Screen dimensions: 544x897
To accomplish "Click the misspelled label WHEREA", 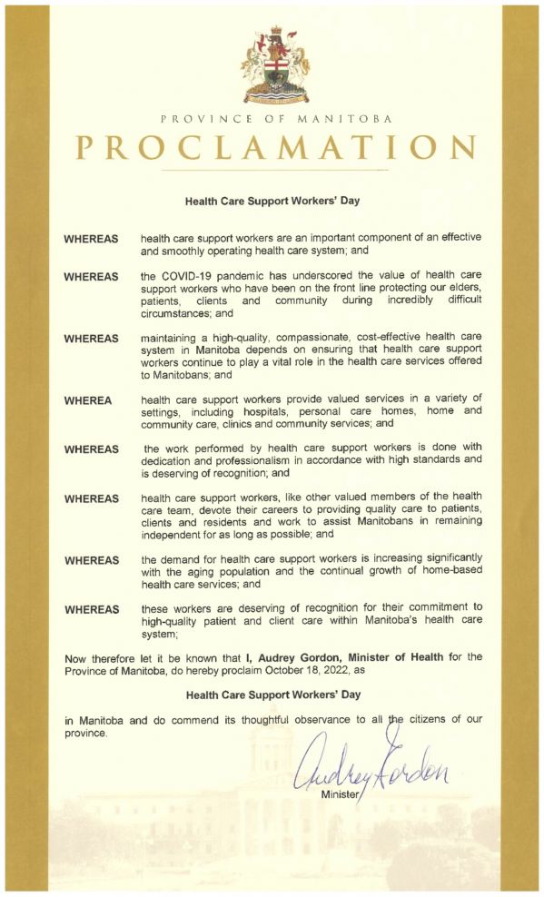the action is [89, 399].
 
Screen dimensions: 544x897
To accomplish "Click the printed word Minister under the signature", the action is [340, 794].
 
